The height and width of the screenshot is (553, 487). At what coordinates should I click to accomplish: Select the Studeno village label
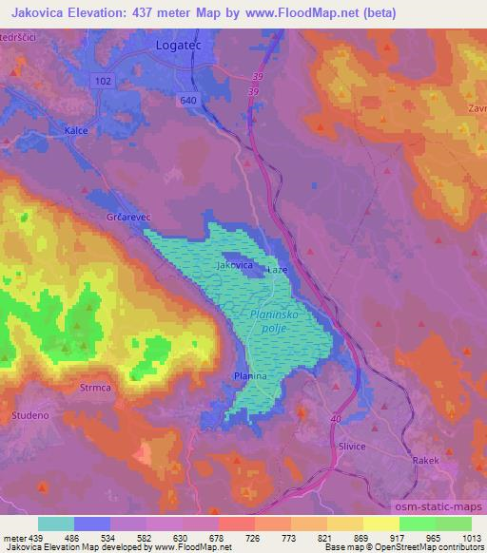(30, 415)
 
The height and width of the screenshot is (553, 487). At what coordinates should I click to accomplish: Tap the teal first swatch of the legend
(56, 524)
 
